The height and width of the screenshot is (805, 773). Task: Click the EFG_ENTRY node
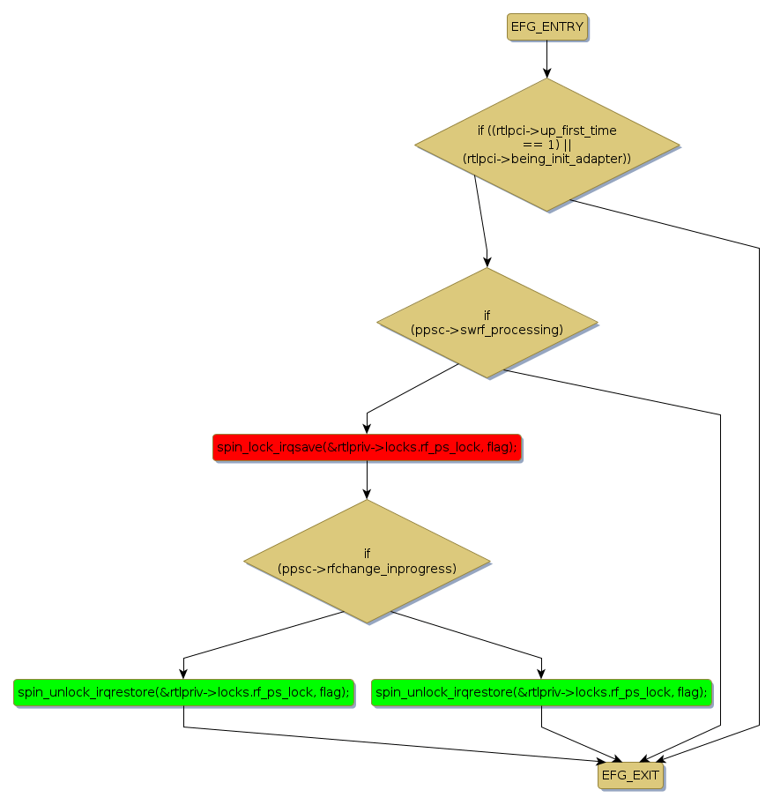pos(546,26)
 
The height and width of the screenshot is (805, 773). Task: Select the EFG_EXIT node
pos(630,775)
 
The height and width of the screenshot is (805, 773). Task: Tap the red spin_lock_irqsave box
pos(367,447)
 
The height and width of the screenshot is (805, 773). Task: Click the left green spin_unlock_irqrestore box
pos(183,692)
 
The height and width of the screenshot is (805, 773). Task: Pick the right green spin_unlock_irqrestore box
pos(541,692)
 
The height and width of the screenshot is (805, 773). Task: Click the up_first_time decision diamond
pos(546,145)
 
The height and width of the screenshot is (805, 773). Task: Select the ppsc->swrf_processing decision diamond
pos(487,323)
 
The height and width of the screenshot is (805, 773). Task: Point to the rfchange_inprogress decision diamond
pos(367,561)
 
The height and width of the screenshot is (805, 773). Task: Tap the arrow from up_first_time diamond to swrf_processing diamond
pos(480,220)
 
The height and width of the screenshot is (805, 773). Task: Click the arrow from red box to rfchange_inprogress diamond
pos(367,481)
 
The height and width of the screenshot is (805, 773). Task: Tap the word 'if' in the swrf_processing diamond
pos(487,315)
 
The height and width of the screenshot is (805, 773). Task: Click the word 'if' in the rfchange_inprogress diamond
pos(367,553)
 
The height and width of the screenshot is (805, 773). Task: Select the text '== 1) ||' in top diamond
pos(546,144)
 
